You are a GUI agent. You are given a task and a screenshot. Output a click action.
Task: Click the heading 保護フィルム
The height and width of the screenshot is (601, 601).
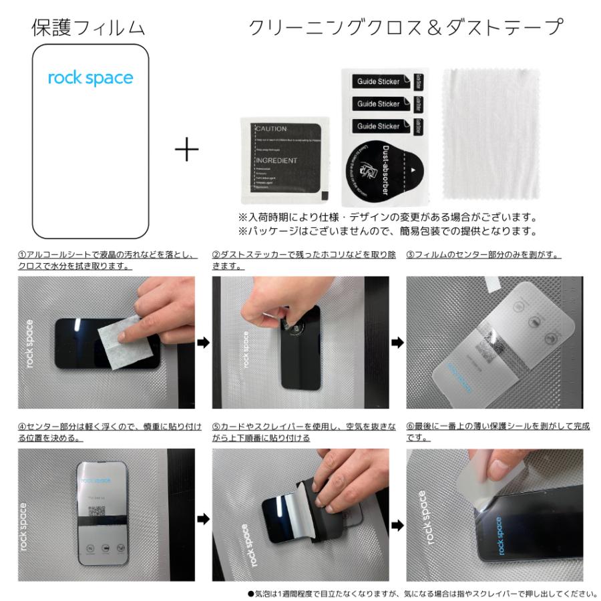pos(88,27)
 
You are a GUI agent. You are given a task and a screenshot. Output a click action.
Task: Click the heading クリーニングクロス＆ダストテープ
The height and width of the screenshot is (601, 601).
pos(405,27)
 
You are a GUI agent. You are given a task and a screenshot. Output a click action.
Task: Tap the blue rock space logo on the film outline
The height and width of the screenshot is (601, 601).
pos(90,78)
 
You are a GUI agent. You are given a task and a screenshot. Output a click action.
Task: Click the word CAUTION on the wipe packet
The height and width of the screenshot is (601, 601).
pos(271,129)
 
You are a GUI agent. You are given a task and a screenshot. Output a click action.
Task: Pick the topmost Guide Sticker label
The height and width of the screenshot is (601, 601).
pos(379,81)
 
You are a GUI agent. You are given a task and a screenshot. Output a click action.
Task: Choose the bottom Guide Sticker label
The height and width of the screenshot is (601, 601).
pos(379,126)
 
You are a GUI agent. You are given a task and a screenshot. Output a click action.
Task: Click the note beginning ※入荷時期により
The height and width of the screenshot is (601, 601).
pos(387,218)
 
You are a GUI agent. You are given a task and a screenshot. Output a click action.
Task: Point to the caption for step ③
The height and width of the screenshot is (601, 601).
pos(483,255)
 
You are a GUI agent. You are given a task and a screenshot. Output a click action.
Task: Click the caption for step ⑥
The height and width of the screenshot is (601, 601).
pos(498,431)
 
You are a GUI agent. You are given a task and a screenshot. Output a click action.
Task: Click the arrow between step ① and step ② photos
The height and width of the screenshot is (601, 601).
pos(204,343)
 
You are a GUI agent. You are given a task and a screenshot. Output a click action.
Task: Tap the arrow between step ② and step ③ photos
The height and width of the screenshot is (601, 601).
pos(397,343)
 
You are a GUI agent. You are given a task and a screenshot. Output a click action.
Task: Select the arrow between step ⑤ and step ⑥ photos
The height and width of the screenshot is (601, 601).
pos(397,525)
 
